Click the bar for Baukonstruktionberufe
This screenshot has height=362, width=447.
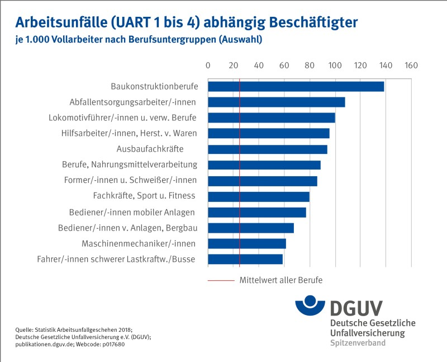(296, 86)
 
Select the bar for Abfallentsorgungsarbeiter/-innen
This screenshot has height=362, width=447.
(277, 102)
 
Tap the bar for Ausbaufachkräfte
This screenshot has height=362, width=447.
(268, 149)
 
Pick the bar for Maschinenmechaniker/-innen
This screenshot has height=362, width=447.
(247, 243)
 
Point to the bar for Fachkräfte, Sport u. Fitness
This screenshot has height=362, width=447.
(259, 196)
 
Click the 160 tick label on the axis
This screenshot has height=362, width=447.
(412, 65)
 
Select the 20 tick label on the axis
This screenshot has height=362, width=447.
(234, 65)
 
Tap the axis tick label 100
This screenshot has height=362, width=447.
(335, 65)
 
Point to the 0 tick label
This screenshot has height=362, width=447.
(208, 65)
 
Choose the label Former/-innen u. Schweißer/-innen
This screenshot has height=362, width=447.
(130, 180)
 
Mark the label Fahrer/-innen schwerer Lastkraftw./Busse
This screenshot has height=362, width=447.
(121, 260)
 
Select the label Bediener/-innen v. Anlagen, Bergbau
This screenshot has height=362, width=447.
(128, 228)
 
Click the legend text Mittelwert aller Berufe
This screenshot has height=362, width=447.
(281, 279)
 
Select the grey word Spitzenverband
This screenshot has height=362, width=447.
(358, 342)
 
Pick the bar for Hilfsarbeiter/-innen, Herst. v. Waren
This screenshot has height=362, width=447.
(269, 133)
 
